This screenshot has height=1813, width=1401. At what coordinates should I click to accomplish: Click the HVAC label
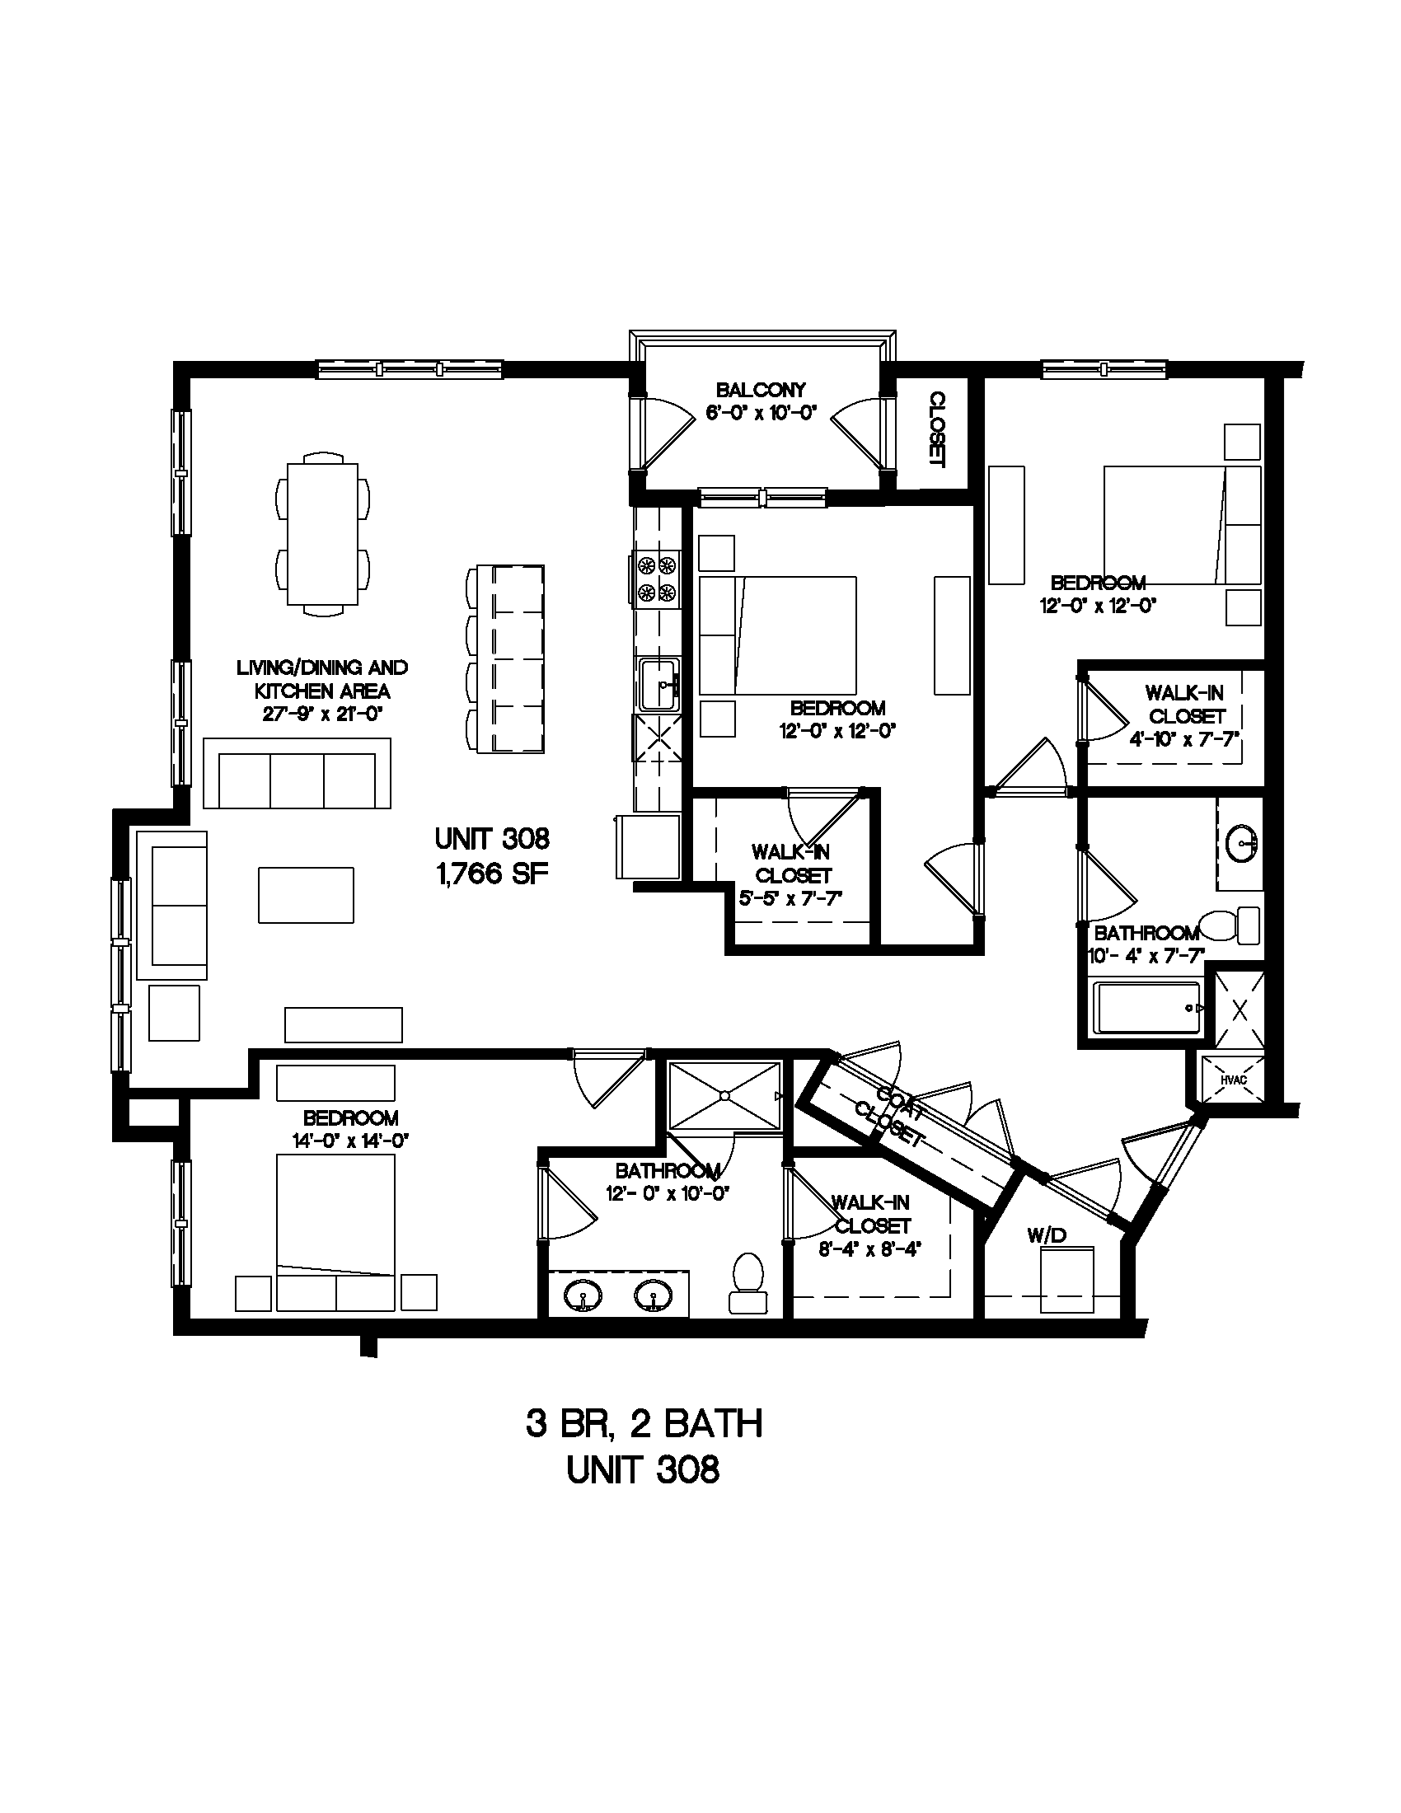1233,1080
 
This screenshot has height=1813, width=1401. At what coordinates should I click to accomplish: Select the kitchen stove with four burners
657,579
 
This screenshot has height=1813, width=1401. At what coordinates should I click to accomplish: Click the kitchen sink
659,684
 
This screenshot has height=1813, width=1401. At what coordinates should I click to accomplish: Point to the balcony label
761,389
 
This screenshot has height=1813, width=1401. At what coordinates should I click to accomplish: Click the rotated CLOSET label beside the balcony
937,429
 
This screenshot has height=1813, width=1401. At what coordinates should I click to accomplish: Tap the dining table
323,534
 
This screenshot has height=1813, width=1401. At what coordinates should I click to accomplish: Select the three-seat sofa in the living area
298,772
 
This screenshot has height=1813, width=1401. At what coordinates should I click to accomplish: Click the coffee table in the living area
306,895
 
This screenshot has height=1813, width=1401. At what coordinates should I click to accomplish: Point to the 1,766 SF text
492,874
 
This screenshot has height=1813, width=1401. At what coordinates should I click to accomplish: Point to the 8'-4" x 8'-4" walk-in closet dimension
870,1249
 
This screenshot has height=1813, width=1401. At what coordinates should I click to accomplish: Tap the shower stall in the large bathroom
725,1095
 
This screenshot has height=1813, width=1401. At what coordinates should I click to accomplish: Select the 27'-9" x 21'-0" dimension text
322,714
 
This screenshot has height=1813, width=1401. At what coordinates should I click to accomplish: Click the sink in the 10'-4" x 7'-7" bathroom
1244,845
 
